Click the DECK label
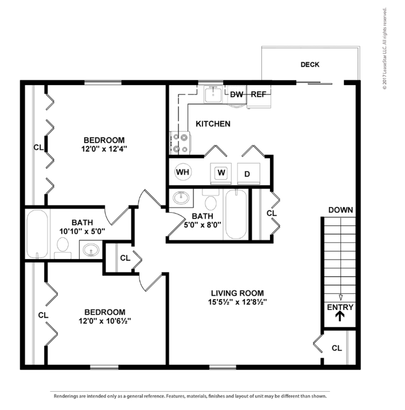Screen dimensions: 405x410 tap(310, 65)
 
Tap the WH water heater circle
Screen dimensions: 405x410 tap(182, 172)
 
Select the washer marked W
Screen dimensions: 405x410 tap(221, 173)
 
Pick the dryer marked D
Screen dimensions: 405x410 tap(248, 173)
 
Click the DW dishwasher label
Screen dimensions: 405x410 tap(236, 94)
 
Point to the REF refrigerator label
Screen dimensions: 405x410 tap(259, 94)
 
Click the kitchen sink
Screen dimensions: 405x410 tap(213, 94)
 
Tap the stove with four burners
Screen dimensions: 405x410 tap(180, 143)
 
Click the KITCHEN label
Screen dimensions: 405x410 tap(213, 124)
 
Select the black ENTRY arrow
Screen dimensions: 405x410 tap(340, 316)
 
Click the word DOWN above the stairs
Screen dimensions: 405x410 tap(340, 210)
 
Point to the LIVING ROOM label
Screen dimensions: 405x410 tap(237, 293)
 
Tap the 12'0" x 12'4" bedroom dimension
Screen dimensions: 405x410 tap(104, 149)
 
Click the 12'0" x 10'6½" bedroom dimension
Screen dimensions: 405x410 tap(105, 321)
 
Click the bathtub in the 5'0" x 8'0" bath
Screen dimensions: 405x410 tap(236, 214)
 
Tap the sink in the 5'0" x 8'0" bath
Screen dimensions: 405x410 tap(181, 198)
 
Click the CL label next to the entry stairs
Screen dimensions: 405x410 tap(337, 348)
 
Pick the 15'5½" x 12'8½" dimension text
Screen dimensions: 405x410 tap(237, 302)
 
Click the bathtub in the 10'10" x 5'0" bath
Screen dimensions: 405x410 tap(37, 234)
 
